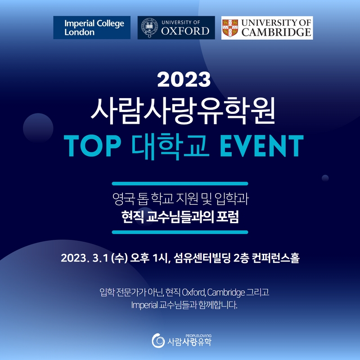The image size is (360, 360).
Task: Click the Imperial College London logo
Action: coord(92,27)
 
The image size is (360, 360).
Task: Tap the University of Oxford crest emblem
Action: coord(149,27)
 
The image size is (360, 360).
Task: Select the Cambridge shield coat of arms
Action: coord(230,28)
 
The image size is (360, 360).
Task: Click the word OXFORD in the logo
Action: coord(185,31)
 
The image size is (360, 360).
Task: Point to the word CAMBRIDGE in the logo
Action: coord(276,32)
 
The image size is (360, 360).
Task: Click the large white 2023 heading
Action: coord(184,79)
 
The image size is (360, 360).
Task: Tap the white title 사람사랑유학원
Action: coord(183,111)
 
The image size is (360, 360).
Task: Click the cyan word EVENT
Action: coord(262,145)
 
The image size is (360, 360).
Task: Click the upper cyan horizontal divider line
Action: coord(180,184)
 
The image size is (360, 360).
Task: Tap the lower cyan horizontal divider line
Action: coord(180,232)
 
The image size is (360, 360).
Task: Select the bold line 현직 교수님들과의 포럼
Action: coord(180,217)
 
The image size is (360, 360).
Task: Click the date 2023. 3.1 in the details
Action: coord(85,258)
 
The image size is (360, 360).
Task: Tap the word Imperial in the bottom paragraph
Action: coord(144,305)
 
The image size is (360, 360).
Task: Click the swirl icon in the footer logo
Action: coord(158,341)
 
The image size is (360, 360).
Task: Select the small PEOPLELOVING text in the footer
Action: coord(198,336)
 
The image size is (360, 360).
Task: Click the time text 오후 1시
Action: coord(150,258)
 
